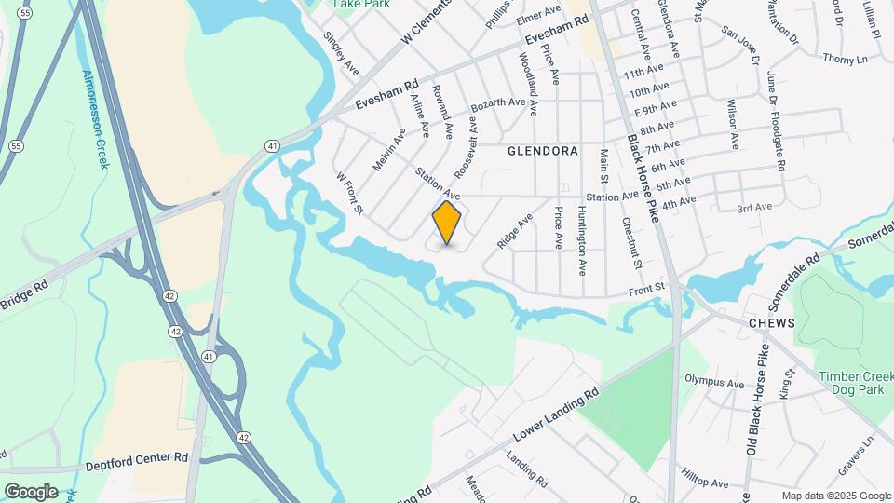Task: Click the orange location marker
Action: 447,224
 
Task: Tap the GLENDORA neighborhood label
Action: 543,150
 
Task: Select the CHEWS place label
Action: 771,322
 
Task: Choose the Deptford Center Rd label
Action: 138,459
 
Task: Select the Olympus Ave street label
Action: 714,381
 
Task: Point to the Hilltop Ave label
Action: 706,483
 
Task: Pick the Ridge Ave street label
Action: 515,231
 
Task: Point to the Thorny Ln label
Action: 845,59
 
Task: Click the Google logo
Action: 31,491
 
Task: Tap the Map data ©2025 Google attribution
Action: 835,496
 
